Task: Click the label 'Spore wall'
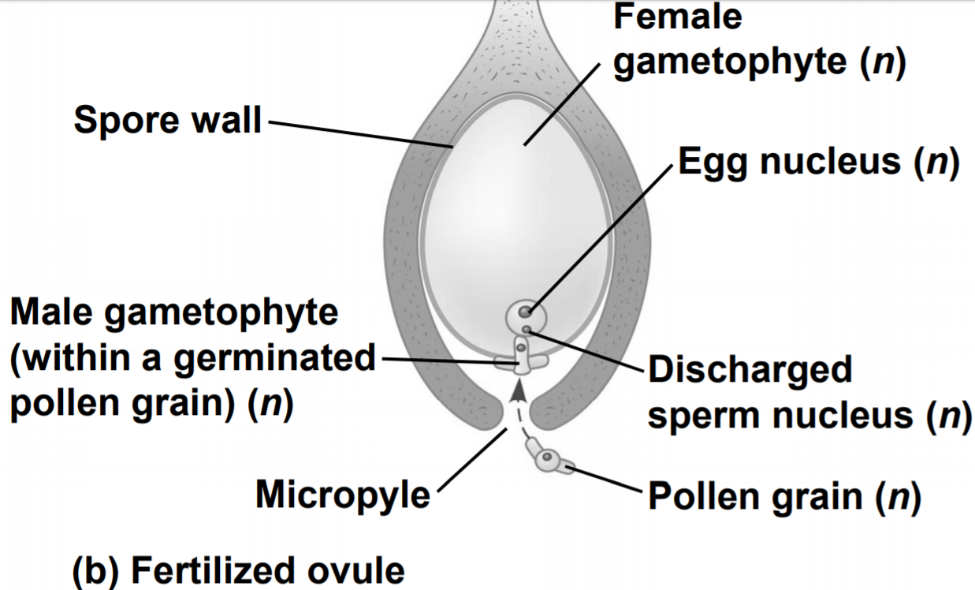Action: [x=167, y=121]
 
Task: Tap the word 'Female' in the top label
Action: [x=678, y=17]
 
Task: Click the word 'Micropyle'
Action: [x=343, y=495]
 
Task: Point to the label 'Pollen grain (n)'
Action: [x=783, y=497]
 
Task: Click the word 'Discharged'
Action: [x=750, y=368]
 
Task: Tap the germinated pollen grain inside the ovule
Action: [x=520, y=357]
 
